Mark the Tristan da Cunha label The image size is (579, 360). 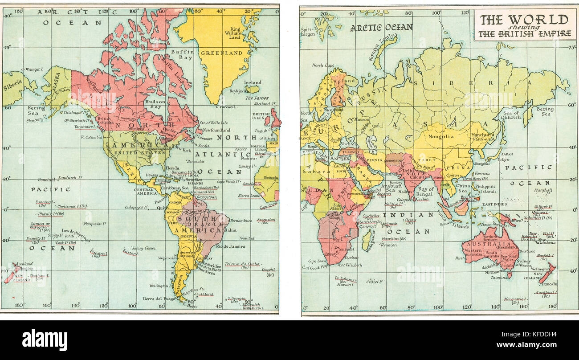point(242,264)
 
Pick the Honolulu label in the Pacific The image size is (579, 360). point(46,180)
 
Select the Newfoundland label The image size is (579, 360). point(217,131)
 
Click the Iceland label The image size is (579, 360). point(253,83)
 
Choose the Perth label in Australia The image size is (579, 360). point(460,258)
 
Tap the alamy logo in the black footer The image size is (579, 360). point(45,340)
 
